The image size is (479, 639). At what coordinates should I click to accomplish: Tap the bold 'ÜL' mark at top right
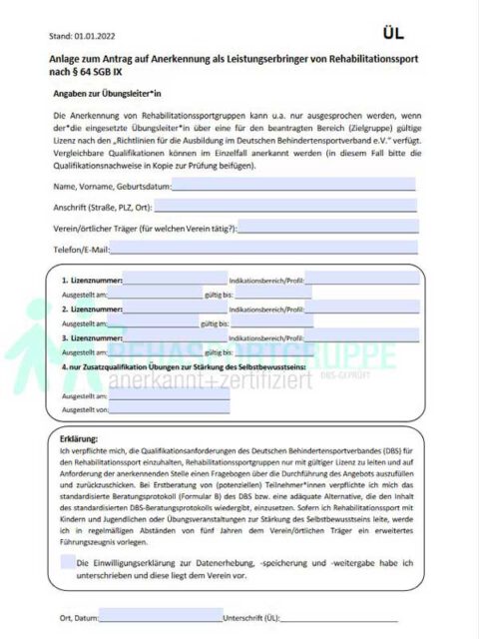click(x=394, y=33)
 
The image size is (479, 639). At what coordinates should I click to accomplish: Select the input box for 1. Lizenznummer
click(x=175, y=282)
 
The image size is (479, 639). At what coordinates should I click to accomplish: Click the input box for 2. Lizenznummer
click(x=175, y=311)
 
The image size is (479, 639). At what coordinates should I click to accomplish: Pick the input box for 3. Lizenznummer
click(x=175, y=338)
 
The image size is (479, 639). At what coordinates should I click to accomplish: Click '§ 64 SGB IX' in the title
click(x=90, y=74)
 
